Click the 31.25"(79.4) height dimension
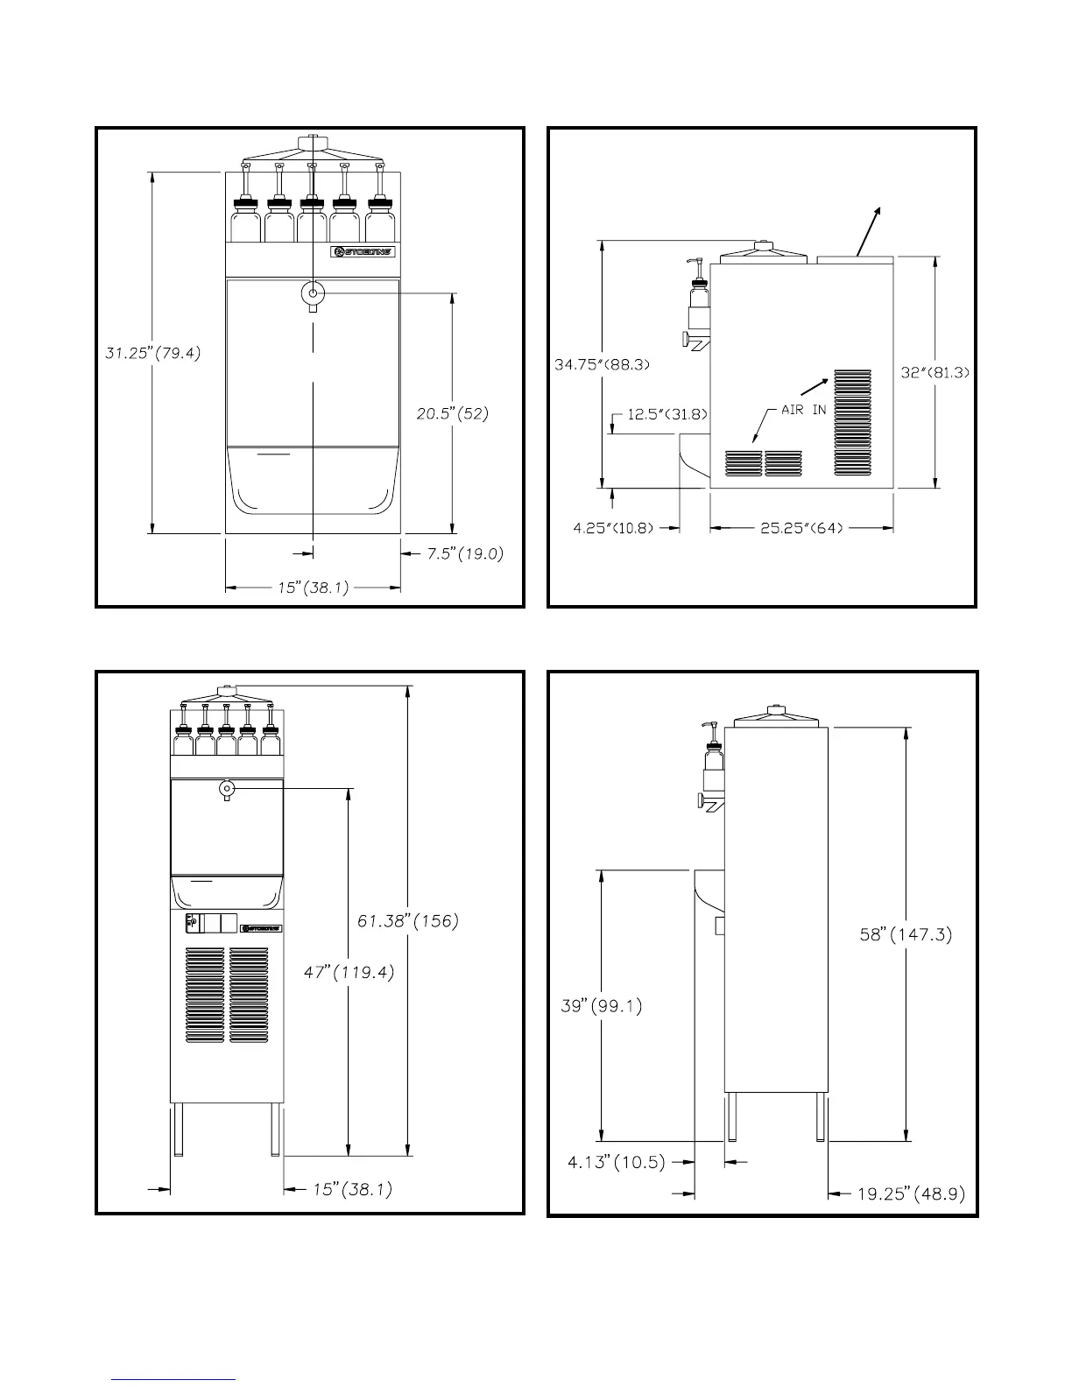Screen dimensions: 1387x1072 point(148,354)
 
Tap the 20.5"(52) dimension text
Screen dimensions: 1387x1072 point(452,414)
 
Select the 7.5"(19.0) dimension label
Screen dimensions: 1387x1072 point(465,553)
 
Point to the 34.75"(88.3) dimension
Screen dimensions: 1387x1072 point(603,364)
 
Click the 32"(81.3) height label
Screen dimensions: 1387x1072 point(935,372)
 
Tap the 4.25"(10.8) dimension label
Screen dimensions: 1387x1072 point(613,528)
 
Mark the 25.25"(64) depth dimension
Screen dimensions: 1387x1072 point(801,528)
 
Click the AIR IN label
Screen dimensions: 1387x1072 point(803,410)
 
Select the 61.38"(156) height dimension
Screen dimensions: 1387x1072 point(408,920)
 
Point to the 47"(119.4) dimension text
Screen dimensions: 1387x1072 point(349,972)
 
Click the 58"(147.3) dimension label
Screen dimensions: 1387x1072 point(906,934)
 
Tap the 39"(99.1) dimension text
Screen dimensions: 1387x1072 point(601,1006)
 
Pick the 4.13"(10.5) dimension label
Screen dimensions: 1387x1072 point(617,1163)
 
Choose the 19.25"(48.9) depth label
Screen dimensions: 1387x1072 point(911,1193)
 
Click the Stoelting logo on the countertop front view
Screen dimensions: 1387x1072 point(363,252)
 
